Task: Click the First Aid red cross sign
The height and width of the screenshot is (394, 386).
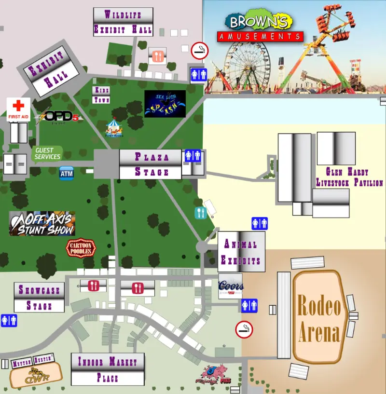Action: (18, 109)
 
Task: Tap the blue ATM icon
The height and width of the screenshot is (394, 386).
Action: (67, 173)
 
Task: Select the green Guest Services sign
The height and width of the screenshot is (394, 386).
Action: (47, 154)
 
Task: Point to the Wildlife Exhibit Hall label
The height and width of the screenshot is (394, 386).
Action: (123, 22)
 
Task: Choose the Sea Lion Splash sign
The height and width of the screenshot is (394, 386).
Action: (165, 104)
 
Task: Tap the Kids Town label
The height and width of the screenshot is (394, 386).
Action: (101, 95)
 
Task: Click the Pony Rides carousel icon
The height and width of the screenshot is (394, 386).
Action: (115, 128)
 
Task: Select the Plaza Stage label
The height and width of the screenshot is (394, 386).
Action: (151, 164)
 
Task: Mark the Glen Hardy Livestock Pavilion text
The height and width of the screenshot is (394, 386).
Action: (349, 177)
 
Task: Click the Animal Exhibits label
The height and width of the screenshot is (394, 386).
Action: (241, 252)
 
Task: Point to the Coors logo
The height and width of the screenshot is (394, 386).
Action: (231, 286)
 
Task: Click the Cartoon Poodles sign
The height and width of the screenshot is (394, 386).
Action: (81, 248)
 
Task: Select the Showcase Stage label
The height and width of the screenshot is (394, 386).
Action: (39, 298)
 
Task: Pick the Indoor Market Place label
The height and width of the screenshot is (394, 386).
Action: (108, 369)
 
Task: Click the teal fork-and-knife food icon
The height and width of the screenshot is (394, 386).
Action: (200, 213)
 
